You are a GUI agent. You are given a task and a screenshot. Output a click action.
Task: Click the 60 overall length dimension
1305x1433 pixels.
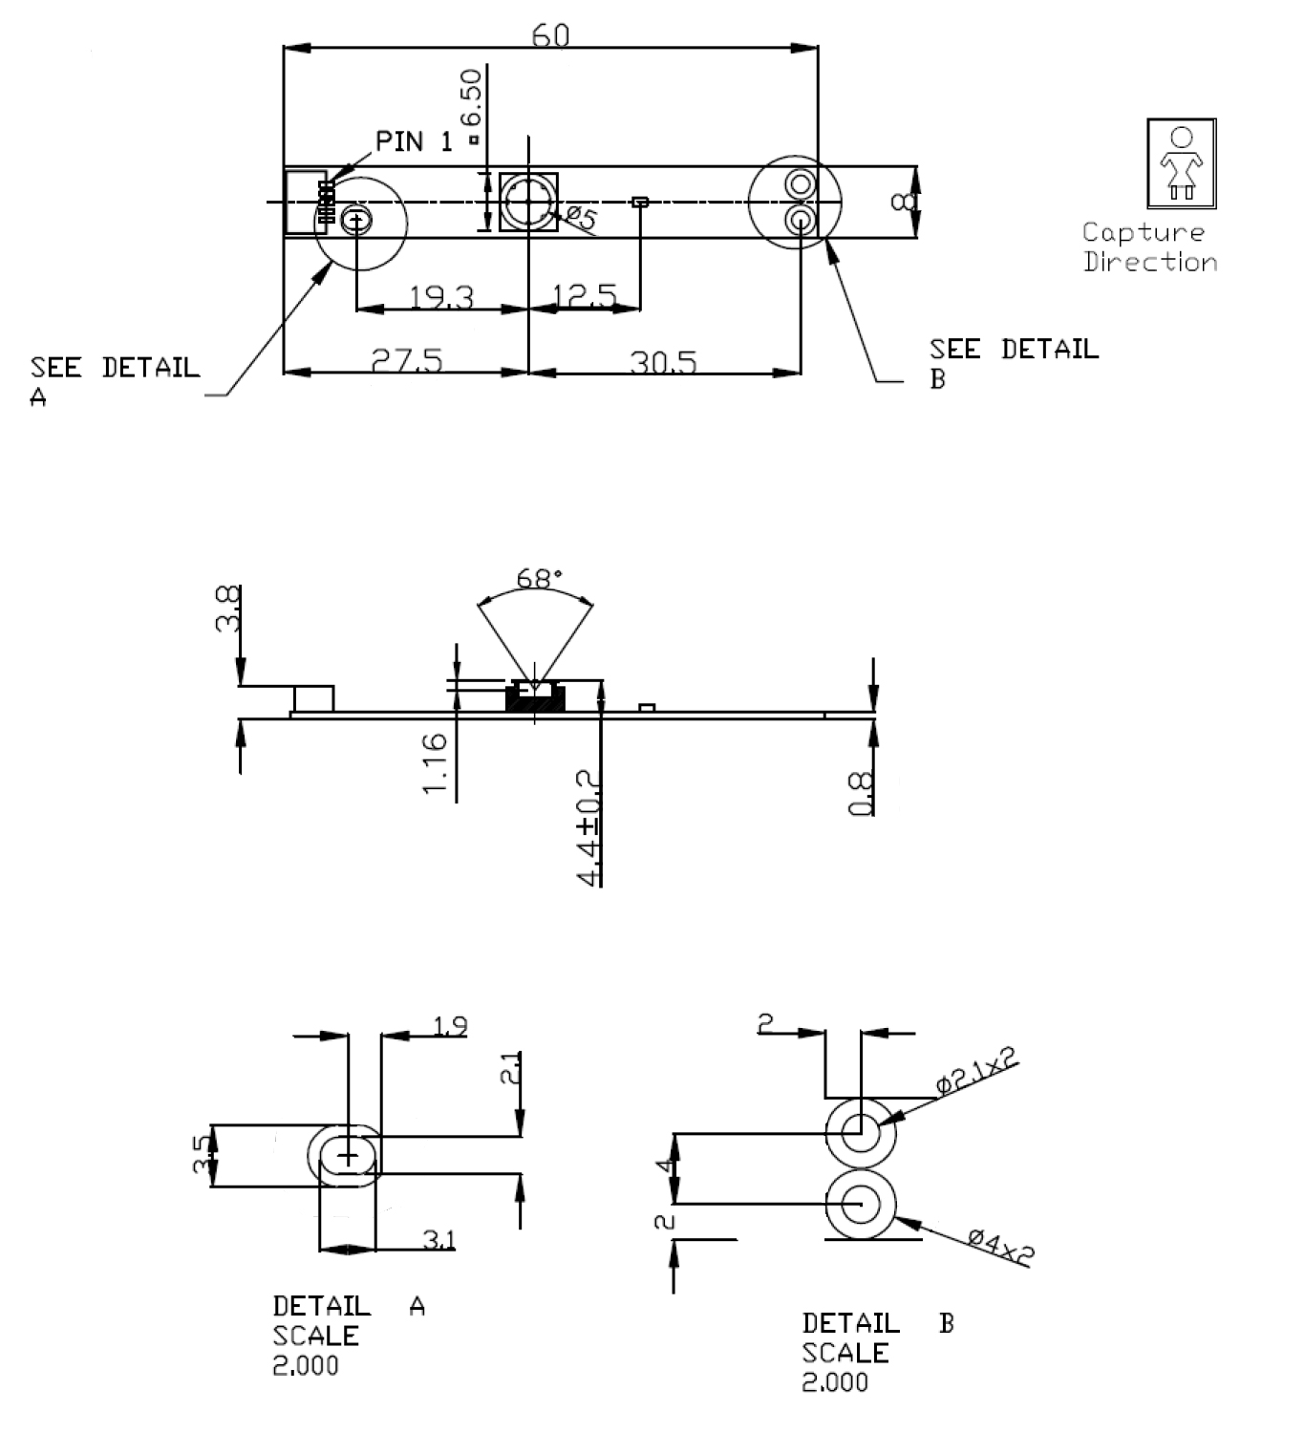[x=551, y=35]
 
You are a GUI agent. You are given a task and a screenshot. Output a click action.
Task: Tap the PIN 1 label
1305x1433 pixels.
[x=414, y=142]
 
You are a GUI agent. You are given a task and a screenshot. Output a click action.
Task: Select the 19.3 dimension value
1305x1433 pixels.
[x=441, y=297]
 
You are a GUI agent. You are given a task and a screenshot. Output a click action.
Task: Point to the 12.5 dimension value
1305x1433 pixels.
[x=585, y=296]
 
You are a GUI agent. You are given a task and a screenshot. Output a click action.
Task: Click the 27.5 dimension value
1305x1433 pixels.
[x=407, y=361]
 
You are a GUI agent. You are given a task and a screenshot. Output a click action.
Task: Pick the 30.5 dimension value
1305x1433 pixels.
[x=663, y=362]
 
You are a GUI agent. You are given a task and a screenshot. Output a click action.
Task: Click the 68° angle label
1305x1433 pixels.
[x=539, y=579]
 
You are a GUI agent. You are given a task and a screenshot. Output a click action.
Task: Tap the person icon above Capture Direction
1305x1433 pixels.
[x=1181, y=163]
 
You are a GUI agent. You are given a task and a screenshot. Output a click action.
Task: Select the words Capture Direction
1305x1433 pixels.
[x=1149, y=247]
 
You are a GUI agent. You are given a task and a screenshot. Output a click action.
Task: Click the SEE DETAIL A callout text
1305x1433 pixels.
[x=115, y=379]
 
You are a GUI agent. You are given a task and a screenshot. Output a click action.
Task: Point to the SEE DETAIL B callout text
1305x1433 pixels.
[x=1013, y=361]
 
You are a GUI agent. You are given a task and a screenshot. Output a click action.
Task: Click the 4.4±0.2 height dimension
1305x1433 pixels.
[x=590, y=827]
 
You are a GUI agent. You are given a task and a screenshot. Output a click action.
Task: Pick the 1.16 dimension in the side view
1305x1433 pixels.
[x=434, y=761]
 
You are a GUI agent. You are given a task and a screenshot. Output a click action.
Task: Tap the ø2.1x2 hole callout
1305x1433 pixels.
[x=975, y=1070]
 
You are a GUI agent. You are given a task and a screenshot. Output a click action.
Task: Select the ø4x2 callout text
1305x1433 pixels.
[x=1000, y=1247]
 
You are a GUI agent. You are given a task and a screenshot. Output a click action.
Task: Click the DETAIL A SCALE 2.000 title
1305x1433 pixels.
[x=348, y=1335]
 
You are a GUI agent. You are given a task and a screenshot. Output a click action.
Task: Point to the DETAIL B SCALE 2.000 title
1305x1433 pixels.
[x=876, y=1352]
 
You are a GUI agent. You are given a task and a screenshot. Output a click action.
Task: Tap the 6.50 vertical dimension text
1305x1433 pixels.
[x=470, y=98]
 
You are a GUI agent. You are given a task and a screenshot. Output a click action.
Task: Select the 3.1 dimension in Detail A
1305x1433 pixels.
[x=439, y=1240]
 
